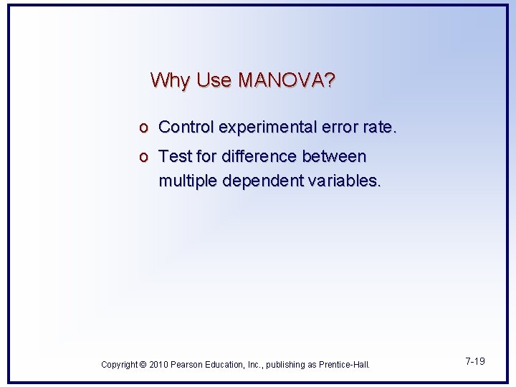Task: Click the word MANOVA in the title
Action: [286, 80]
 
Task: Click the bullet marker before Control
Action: [144, 128]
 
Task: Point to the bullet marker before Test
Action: [144, 156]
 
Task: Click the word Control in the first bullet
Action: [186, 128]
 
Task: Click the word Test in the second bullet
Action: [173, 156]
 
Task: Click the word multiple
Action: [188, 181]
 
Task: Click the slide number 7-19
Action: [474, 361]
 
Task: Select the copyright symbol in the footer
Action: [142, 365]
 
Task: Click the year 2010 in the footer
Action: [158, 365]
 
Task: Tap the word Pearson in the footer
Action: [188, 365]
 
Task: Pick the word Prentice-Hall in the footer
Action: [344, 365]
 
